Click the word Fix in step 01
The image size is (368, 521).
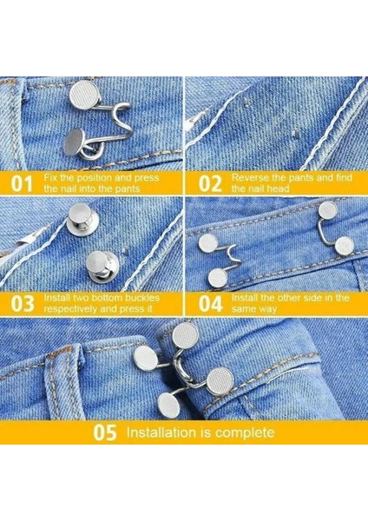coord(53,177)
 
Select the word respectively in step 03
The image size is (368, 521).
coord(73,309)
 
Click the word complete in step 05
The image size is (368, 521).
coord(245,432)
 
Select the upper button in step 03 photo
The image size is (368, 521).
coord(80,216)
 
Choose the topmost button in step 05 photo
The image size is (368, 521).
coord(184,335)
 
